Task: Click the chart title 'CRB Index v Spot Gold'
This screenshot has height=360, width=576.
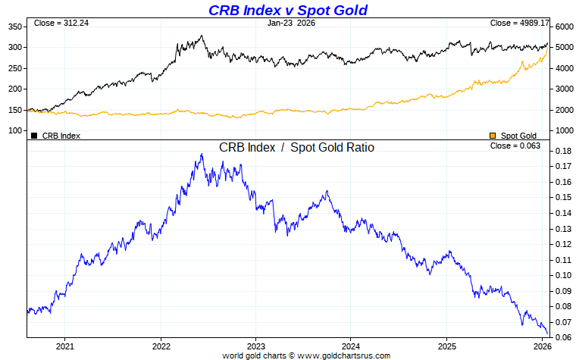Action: pos(288,10)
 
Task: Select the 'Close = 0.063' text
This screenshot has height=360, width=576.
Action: pos(515,146)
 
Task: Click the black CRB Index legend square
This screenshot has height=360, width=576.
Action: pos(34,136)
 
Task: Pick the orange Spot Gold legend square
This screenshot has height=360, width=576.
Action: pos(493,136)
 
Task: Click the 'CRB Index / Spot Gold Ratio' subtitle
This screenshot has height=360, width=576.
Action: pos(296,148)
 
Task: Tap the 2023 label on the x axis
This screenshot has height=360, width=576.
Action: pos(255,346)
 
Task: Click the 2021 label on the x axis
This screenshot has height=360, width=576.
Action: pos(65,346)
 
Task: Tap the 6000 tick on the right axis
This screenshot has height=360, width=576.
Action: pos(564,27)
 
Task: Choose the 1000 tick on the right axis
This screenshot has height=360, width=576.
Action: pos(564,130)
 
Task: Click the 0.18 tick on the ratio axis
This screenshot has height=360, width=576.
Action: pos(562,152)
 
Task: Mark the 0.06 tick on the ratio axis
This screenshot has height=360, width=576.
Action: pos(562,338)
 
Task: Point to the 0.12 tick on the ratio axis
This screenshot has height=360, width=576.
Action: pos(562,245)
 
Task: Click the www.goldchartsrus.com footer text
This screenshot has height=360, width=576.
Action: pos(345,355)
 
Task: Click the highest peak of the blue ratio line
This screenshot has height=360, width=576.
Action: pos(202,155)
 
